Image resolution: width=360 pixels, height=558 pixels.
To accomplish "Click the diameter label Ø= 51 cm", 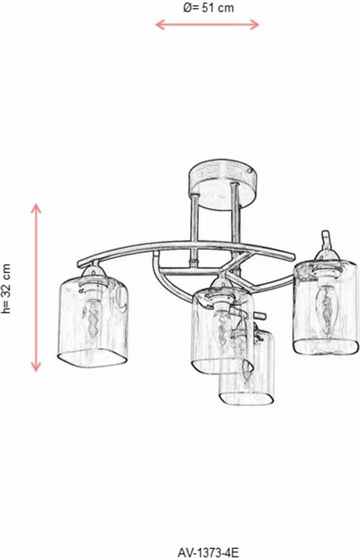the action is pyautogui.click(x=208, y=8).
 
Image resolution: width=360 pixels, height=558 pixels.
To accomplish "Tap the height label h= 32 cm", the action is pyautogui.click(x=6, y=289).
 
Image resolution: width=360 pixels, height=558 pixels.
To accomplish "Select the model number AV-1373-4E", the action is pyautogui.click(x=208, y=552).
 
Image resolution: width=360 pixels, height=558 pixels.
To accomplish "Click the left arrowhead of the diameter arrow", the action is pyautogui.click(x=160, y=24).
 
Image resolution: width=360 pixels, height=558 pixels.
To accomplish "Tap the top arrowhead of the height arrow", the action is pyautogui.click(x=36, y=208).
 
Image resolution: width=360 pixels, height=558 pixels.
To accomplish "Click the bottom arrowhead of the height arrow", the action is pyautogui.click(x=36, y=367).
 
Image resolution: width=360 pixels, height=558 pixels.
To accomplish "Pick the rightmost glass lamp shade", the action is pyautogui.click(x=324, y=308).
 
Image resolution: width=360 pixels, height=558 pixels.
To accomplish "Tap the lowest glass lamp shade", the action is pyautogui.click(x=246, y=368).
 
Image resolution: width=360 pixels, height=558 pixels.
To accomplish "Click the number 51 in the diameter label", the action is pyautogui.click(x=208, y=8).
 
